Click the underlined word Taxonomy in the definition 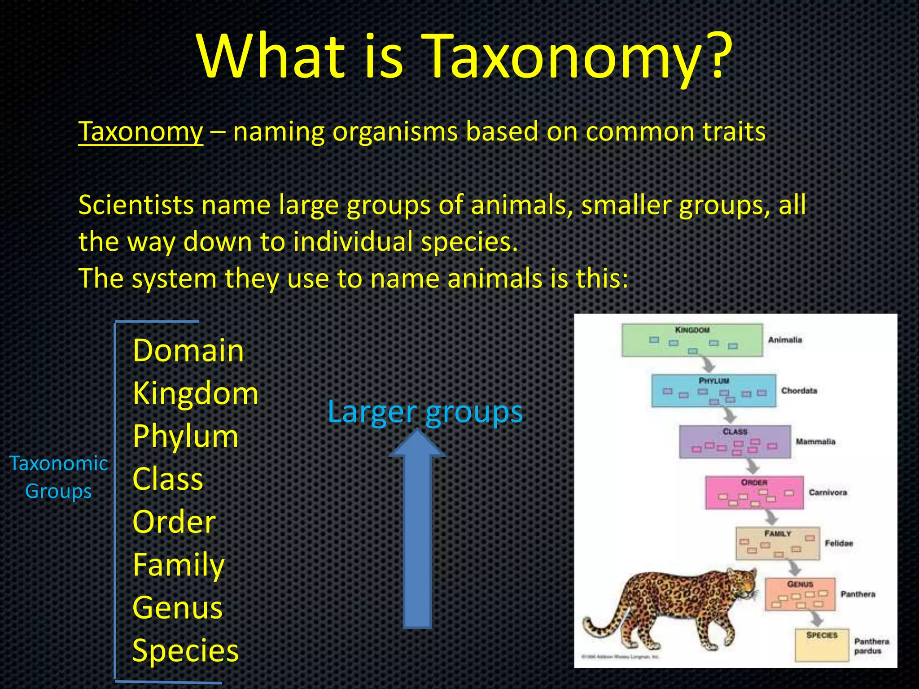(x=140, y=132)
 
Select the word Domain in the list (x=188, y=350)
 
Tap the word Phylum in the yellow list (x=185, y=436)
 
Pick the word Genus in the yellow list (x=178, y=608)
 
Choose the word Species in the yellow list (x=185, y=650)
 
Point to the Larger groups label (x=425, y=411)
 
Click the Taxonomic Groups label (x=58, y=477)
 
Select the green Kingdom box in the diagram (x=691, y=340)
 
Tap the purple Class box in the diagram (x=735, y=442)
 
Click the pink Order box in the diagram (x=754, y=493)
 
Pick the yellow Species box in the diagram (x=822, y=645)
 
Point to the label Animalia (x=785, y=340)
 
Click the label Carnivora (x=828, y=493)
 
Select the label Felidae (x=839, y=543)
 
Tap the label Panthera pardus (x=871, y=646)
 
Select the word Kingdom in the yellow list (x=196, y=393)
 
